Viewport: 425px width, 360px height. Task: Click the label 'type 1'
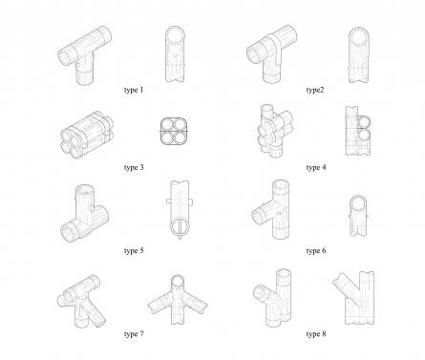pos(134,90)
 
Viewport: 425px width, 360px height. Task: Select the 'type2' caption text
pos(315,90)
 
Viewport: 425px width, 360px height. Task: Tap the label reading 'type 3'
pos(134,167)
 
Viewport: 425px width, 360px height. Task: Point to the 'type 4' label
pos(316,167)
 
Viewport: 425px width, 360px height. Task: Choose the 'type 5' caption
pos(134,251)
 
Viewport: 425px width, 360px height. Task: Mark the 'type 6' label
pos(316,251)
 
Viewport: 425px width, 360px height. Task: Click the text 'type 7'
pos(134,334)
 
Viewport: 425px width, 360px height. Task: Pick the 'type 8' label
pos(316,334)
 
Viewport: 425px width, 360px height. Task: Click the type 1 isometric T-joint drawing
pos(85,55)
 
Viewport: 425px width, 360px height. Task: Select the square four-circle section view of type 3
pos(174,131)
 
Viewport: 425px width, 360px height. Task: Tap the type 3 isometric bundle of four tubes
pos(87,135)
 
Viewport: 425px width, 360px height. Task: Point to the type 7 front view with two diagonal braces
pos(178,300)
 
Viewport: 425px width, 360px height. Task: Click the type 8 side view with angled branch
pos(354,298)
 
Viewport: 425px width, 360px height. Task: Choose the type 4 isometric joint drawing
pos(275,131)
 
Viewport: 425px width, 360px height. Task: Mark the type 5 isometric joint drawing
pos(84,214)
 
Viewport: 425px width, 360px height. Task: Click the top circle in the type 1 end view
pos(175,34)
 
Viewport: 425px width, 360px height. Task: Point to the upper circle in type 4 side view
pos(364,122)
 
